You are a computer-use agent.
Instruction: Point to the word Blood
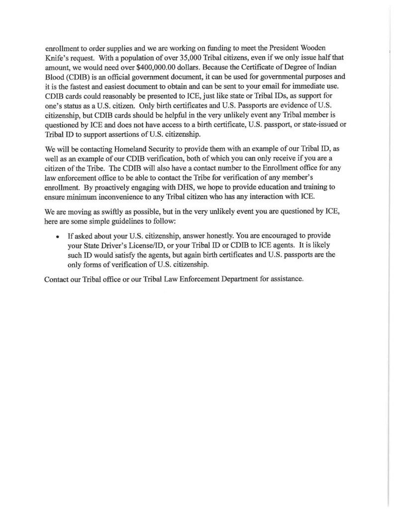56,78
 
